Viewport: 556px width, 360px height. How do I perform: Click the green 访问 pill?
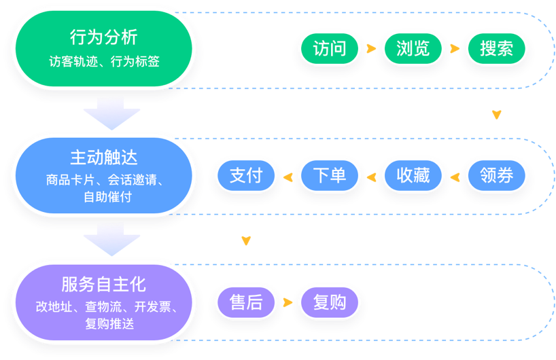coord(330,49)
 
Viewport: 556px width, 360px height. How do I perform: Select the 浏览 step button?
coord(413,49)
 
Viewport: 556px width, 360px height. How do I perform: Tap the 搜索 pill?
coord(496,49)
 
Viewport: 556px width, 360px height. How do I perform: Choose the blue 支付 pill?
coord(246,175)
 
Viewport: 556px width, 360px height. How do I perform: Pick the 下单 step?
coord(330,175)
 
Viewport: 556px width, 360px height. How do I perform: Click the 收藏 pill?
coord(413,175)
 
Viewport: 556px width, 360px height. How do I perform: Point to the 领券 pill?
coord(496,175)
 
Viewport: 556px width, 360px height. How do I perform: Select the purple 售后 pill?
coord(246,302)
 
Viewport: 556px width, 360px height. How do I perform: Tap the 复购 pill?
coord(330,302)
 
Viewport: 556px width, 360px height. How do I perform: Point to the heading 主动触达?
coord(104,158)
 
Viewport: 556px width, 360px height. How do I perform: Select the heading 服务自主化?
coord(104,285)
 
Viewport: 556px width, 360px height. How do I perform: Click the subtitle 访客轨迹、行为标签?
coord(104,61)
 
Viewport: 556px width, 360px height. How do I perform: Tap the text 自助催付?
coord(107,197)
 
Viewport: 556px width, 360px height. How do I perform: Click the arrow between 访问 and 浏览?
coord(371,49)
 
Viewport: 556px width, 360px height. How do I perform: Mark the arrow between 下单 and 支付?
coord(288,177)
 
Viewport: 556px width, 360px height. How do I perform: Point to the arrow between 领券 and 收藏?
coord(454,177)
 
